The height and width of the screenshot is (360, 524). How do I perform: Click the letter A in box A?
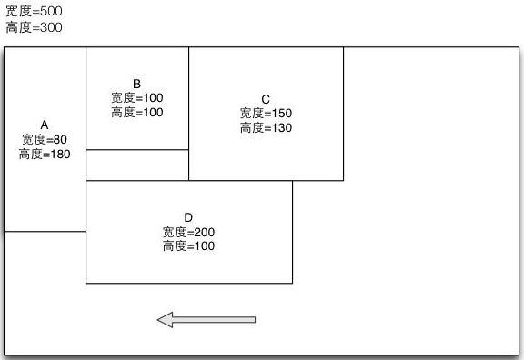point(45,125)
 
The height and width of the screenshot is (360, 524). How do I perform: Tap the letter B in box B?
point(136,83)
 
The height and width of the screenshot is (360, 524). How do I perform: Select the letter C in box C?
point(266,99)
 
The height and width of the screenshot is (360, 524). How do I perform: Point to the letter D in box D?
point(188,217)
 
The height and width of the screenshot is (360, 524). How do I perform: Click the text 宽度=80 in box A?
point(45,140)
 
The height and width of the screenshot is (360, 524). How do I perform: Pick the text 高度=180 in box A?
point(45,155)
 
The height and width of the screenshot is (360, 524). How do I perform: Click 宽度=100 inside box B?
point(136,97)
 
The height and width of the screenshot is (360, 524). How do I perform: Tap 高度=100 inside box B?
point(136,112)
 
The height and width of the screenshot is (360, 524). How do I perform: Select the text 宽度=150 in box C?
point(266,114)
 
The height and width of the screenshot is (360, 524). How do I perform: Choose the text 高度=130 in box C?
point(266,128)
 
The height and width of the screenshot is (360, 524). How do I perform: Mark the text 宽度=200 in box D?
point(188,232)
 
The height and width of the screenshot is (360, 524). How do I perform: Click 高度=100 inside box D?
point(188,246)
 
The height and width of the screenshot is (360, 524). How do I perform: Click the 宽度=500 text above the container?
point(33,12)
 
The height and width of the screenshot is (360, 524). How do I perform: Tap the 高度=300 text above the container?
point(33,27)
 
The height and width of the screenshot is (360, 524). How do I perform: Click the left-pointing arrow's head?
point(165,319)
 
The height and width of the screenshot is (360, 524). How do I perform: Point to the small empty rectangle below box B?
point(136,165)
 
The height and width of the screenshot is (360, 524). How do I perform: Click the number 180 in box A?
point(60,155)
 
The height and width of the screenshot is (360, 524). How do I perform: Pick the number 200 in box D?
point(204,232)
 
